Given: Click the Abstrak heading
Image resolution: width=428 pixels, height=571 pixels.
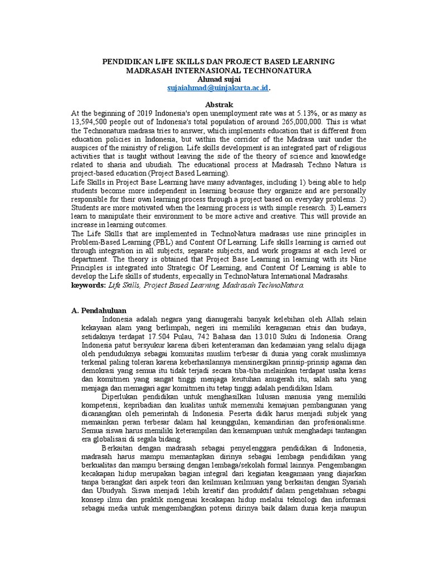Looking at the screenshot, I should point(213,105).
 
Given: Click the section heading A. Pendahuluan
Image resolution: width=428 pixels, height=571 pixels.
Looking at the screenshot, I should point(99,311).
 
